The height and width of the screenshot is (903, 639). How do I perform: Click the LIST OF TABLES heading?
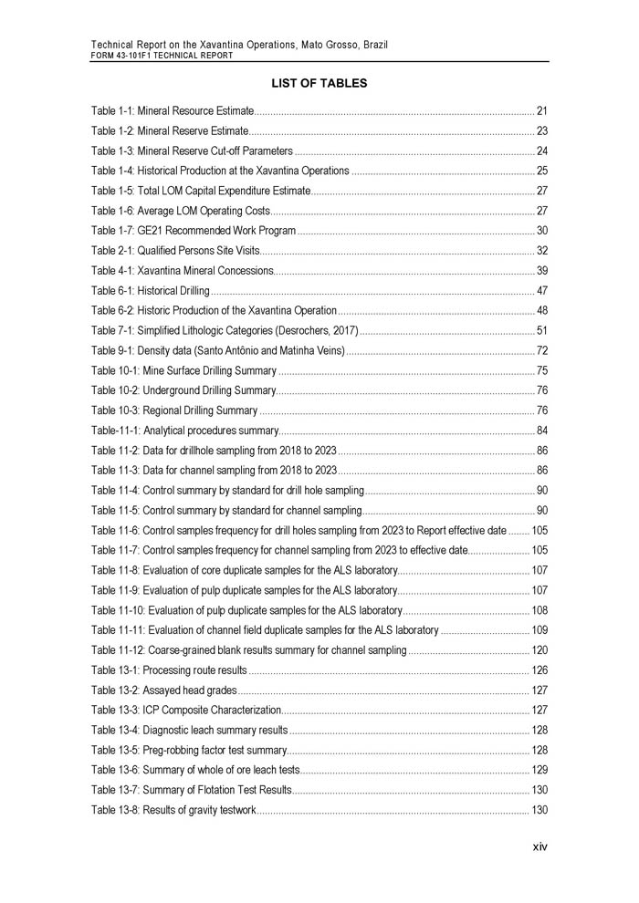[x=319, y=84]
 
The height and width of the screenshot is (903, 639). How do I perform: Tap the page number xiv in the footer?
[x=540, y=846]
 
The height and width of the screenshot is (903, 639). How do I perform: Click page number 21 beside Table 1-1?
[x=541, y=110]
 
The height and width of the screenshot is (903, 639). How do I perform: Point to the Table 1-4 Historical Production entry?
[x=220, y=171]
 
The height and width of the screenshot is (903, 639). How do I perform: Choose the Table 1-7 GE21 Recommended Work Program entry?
[x=194, y=231]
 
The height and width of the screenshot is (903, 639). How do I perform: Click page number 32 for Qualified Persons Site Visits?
[x=541, y=251]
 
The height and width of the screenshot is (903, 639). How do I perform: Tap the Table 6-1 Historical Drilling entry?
[x=151, y=291]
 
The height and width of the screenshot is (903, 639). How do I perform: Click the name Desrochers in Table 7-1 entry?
[x=299, y=330]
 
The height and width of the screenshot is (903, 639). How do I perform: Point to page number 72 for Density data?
[x=541, y=350]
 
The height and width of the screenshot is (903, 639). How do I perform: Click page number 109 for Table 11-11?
[x=539, y=630]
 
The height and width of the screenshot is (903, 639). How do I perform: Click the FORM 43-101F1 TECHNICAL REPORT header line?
[x=162, y=56]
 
